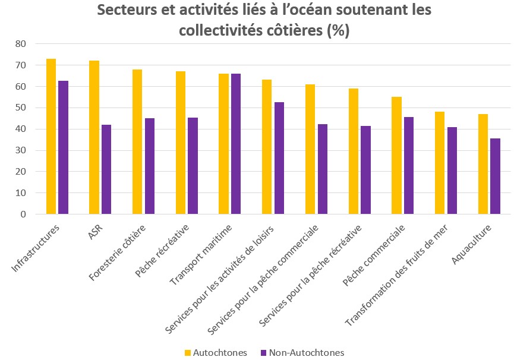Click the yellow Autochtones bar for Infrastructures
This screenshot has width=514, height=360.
(x=51, y=137)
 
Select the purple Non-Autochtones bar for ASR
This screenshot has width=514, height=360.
(x=106, y=169)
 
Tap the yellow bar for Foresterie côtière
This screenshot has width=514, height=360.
(x=137, y=142)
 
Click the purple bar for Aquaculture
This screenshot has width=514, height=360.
(x=496, y=176)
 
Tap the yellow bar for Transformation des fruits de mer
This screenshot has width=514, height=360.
(x=440, y=163)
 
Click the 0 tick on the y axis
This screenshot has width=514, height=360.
(x=23, y=214)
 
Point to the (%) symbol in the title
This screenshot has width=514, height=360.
(x=338, y=31)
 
